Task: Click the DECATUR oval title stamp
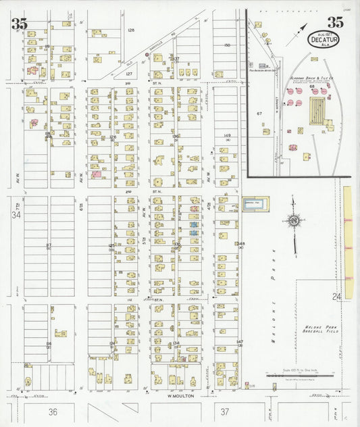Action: [324, 40]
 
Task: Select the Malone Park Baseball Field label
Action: [318, 330]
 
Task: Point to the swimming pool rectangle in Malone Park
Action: [255, 202]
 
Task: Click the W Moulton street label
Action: [179, 396]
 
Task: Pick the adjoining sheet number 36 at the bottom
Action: [53, 411]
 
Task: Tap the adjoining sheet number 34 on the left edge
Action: [16, 216]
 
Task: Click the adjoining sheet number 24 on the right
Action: [336, 297]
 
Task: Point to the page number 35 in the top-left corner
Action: [19, 23]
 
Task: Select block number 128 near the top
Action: [131, 30]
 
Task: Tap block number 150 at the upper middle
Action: [227, 45]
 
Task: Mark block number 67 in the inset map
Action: [259, 114]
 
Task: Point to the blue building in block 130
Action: [193, 224]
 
